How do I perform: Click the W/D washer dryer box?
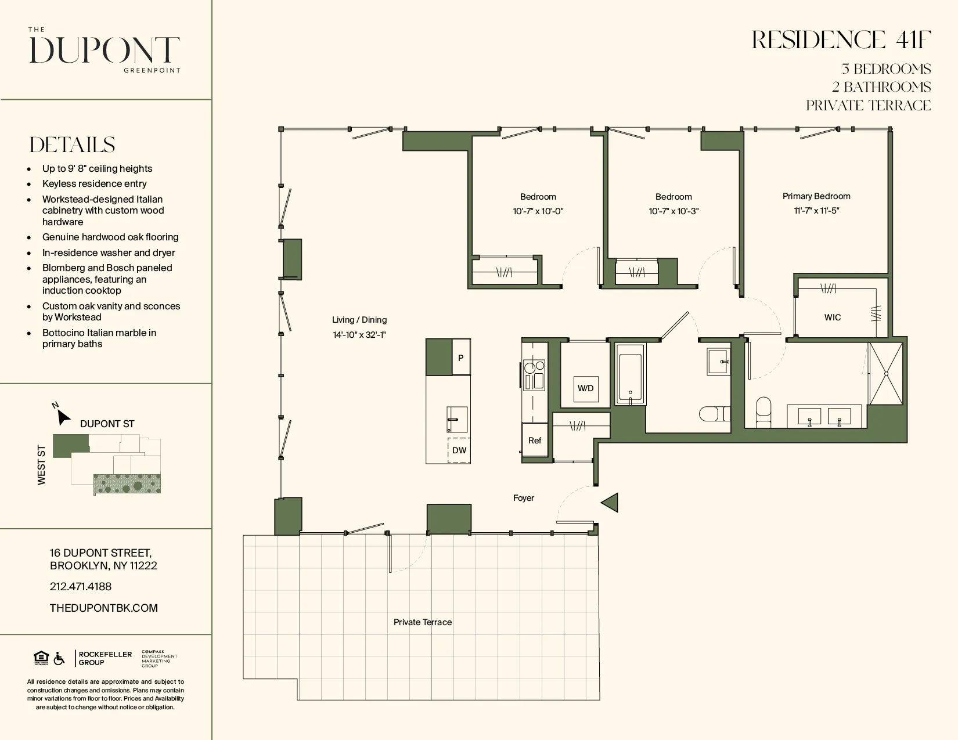pyautogui.click(x=585, y=388)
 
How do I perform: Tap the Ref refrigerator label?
pyautogui.click(x=535, y=441)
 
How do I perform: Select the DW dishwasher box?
pyautogui.click(x=459, y=450)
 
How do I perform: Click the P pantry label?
pyautogui.click(x=461, y=358)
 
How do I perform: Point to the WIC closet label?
pyautogui.click(x=833, y=317)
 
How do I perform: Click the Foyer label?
pyautogui.click(x=523, y=498)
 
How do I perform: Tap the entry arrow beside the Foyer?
pyautogui.click(x=610, y=503)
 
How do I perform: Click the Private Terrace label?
pyautogui.click(x=422, y=622)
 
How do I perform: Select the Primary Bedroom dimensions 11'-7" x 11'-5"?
pyautogui.click(x=816, y=211)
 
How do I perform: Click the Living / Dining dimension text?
pyautogui.click(x=359, y=335)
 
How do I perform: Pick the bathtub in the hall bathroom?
pyautogui.click(x=631, y=374)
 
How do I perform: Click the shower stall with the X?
pyautogui.click(x=886, y=374)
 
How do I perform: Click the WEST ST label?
pyautogui.click(x=41, y=465)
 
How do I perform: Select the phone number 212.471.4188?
pyautogui.click(x=81, y=587)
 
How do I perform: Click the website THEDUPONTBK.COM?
pyautogui.click(x=104, y=608)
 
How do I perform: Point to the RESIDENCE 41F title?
pyautogui.click(x=841, y=41)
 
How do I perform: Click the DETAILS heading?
pyautogui.click(x=73, y=145)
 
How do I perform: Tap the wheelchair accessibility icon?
pyautogui.click(x=59, y=659)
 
